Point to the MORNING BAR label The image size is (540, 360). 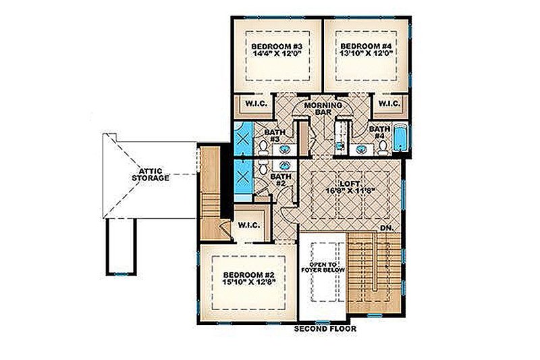[321, 108]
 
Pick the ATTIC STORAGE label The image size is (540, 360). [151, 174]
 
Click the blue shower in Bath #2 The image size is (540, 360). [242, 178]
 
